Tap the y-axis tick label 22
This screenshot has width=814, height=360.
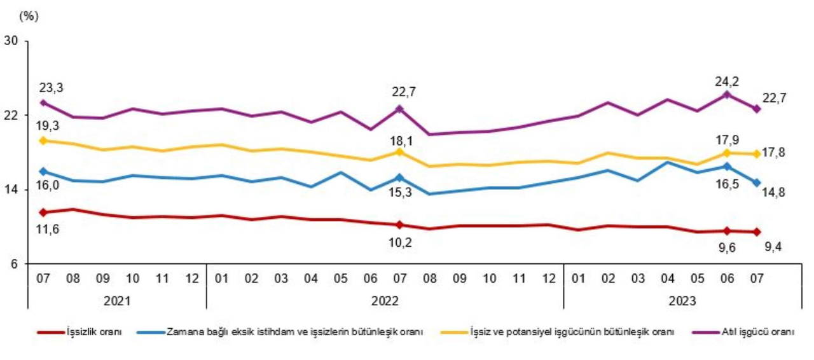pyautogui.click(x=11, y=115)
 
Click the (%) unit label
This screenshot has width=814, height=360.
pyautogui.click(x=29, y=17)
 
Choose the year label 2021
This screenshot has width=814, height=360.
pyautogui.click(x=117, y=301)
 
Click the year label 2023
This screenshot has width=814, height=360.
pyautogui.click(x=682, y=301)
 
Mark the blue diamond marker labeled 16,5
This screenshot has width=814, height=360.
pyautogui.click(x=727, y=166)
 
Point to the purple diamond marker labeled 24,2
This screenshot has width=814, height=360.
pyautogui.click(x=727, y=95)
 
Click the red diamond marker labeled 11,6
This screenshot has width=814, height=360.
pyautogui.click(x=43, y=212)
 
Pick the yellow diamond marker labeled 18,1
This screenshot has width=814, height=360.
pyautogui.click(x=399, y=152)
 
